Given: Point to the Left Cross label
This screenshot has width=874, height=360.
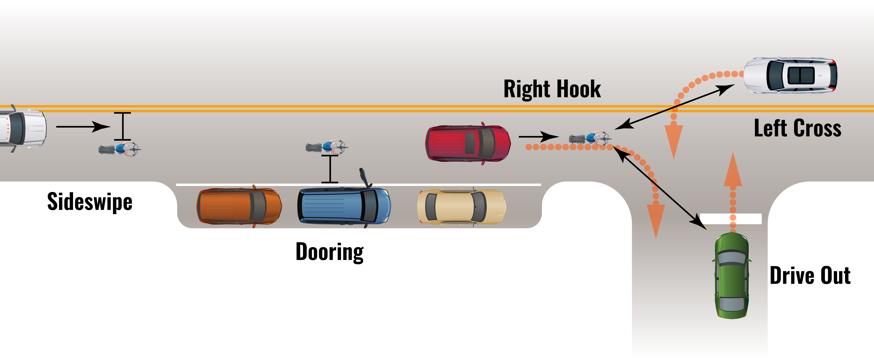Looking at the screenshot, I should [x=797, y=128].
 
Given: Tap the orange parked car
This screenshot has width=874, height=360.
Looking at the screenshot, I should [x=239, y=206].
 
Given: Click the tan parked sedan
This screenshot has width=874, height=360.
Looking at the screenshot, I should [x=461, y=207].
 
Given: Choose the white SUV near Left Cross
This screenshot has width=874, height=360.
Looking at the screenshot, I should [x=791, y=75].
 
